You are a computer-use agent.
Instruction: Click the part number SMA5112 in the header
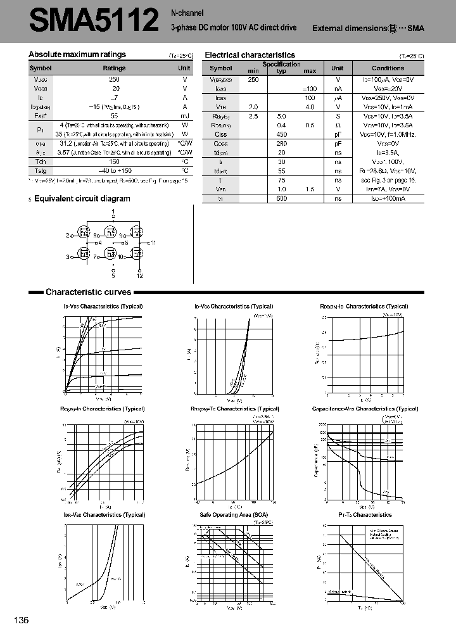[x=93, y=20]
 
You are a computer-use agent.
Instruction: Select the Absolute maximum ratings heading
[x=77, y=54]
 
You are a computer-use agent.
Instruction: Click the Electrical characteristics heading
[x=250, y=55]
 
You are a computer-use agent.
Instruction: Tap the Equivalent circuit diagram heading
[x=82, y=198]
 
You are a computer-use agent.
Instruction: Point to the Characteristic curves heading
[x=88, y=292]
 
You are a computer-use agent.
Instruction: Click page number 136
[x=21, y=620]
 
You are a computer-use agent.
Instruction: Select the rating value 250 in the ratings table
[x=114, y=79]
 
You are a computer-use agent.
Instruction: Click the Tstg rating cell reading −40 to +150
[x=114, y=170]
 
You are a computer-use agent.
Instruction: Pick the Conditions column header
[x=388, y=68]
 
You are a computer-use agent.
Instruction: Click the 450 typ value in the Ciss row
[x=282, y=134]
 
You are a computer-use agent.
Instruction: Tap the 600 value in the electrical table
[x=282, y=198]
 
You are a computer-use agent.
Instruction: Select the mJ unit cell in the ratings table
[x=184, y=116]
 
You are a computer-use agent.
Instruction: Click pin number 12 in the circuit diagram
[x=140, y=276]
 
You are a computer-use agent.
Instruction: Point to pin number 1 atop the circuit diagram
[x=113, y=210]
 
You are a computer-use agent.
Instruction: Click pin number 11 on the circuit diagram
[x=153, y=243]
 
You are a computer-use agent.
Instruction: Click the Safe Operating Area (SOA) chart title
[x=234, y=514]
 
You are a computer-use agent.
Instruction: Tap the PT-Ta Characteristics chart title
[x=364, y=514]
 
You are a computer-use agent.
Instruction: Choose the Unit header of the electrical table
[x=338, y=68]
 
